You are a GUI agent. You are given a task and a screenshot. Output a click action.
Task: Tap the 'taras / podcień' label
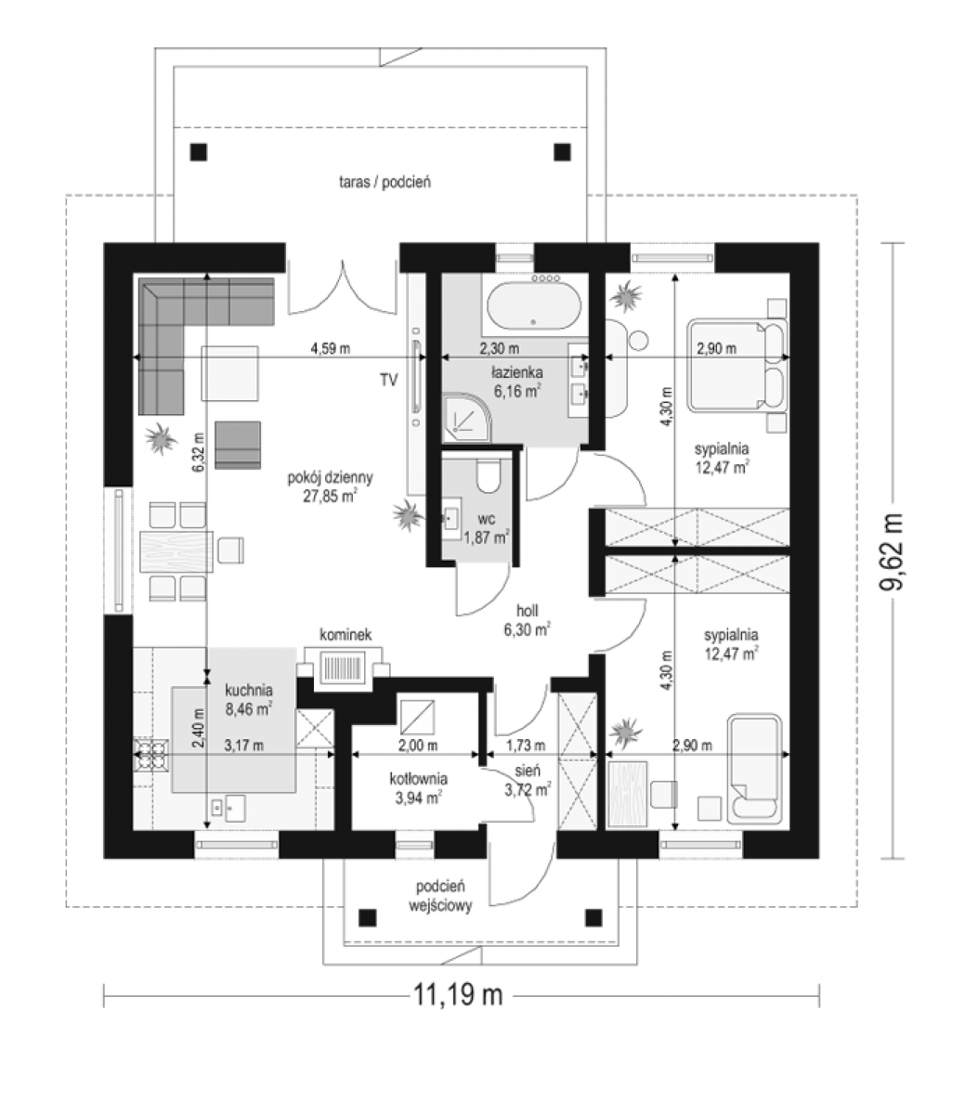click(x=385, y=182)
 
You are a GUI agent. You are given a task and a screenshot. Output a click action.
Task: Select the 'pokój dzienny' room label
click(x=330, y=477)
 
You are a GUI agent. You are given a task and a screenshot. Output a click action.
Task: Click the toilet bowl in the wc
click(x=488, y=476)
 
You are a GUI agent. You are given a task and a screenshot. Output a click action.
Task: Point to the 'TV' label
click(x=388, y=380)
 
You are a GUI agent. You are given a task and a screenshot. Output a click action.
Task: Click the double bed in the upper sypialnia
click(x=737, y=365)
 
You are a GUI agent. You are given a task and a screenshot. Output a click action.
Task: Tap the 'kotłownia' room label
click(x=419, y=779)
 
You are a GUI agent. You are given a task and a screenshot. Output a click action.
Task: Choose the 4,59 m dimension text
click(x=330, y=348)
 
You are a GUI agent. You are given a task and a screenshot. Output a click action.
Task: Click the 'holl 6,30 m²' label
click(x=527, y=620)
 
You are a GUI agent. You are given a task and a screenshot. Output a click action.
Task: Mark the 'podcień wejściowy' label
click(x=440, y=896)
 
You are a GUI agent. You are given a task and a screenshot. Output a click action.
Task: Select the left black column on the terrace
click(x=198, y=151)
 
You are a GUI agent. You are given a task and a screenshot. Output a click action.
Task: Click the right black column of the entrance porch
click(x=593, y=918)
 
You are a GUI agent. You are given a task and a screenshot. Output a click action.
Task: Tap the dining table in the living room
click(x=176, y=551)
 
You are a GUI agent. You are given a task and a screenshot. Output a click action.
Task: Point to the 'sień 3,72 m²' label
click(x=528, y=780)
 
